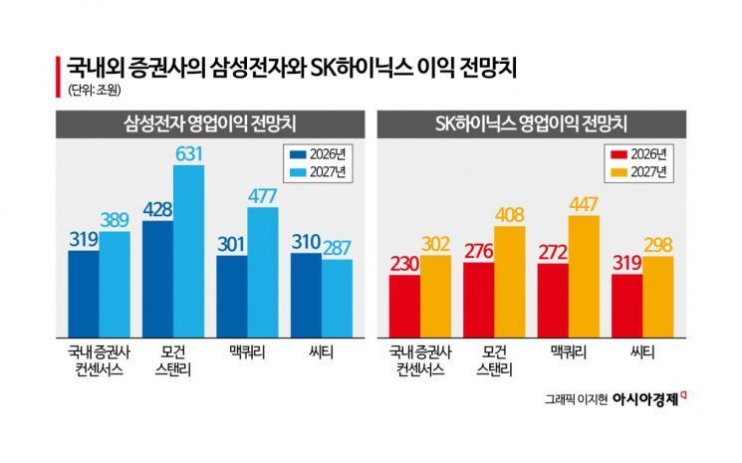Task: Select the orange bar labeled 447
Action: [x=583, y=279]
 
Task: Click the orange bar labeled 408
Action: [x=509, y=284]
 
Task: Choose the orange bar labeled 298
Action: [x=657, y=299]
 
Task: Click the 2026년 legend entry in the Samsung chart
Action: [x=313, y=154]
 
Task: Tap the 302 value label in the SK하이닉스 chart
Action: [x=435, y=243]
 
